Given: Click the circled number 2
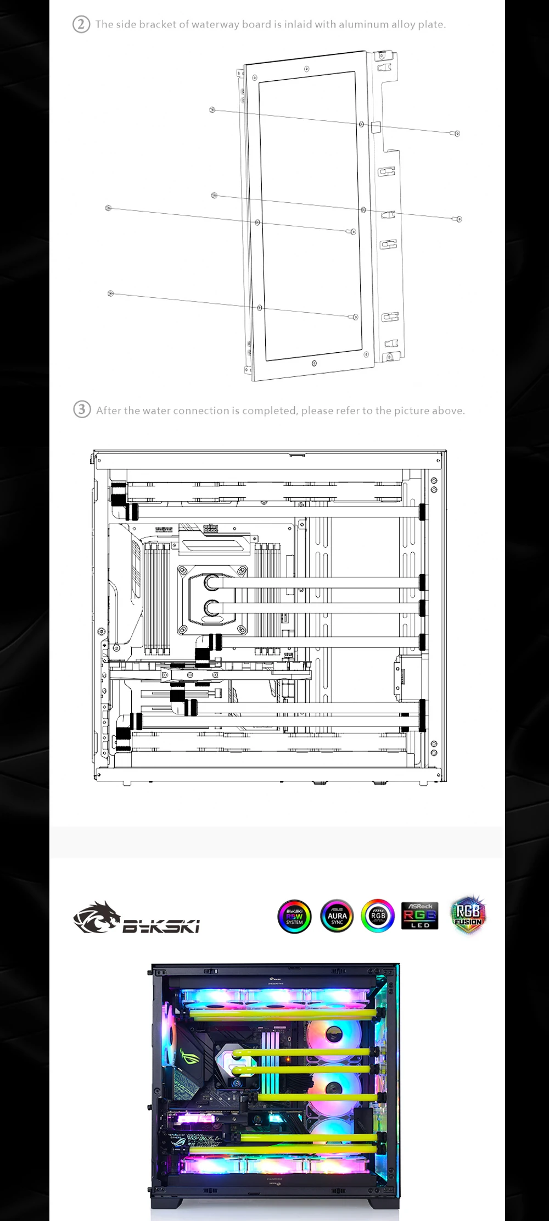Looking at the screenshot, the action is [x=81, y=25].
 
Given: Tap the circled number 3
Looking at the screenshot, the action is [x=82, y=410].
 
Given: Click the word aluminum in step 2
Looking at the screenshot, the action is [x=360, y=25].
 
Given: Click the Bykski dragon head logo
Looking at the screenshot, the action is [x=96, y=917].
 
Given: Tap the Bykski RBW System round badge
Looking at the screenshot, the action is [x=294, y=917].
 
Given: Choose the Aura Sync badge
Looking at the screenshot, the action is [x=337, y=917].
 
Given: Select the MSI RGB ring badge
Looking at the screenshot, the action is [x=378, y=916].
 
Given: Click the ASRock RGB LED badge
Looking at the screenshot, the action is [x=419, y=916].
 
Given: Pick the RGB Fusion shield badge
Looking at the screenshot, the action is [x=468, y=915].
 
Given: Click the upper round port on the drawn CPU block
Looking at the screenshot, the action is [x=212, y=582].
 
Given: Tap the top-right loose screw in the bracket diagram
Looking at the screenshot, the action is [x=457, y=134].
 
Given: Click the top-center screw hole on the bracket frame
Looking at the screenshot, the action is [x=306, y=69].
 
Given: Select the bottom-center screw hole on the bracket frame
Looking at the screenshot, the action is [x=313, y=363].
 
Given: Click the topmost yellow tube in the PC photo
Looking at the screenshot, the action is [x=285, y=1010].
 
